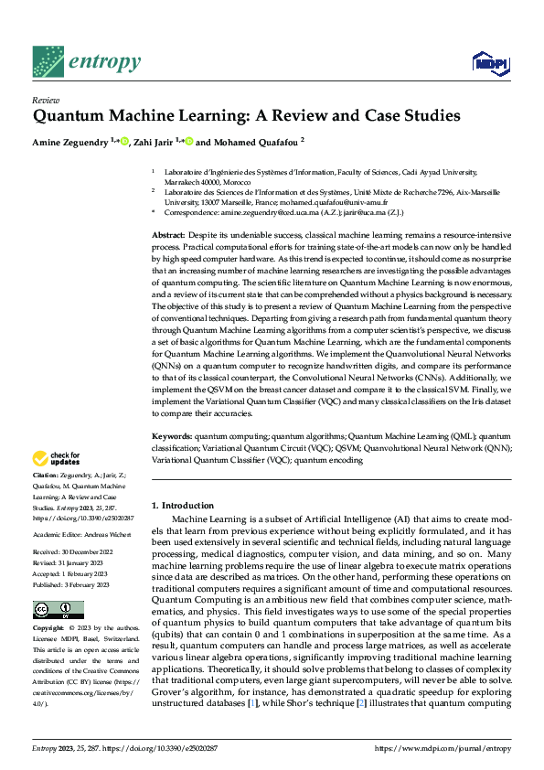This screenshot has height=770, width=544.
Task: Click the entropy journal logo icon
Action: coord(47,62)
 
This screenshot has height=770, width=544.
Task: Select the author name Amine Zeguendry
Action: coord(70,143)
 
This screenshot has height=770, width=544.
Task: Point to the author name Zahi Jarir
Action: coord(154,143)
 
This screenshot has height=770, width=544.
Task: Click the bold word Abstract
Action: coord(168,236)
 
